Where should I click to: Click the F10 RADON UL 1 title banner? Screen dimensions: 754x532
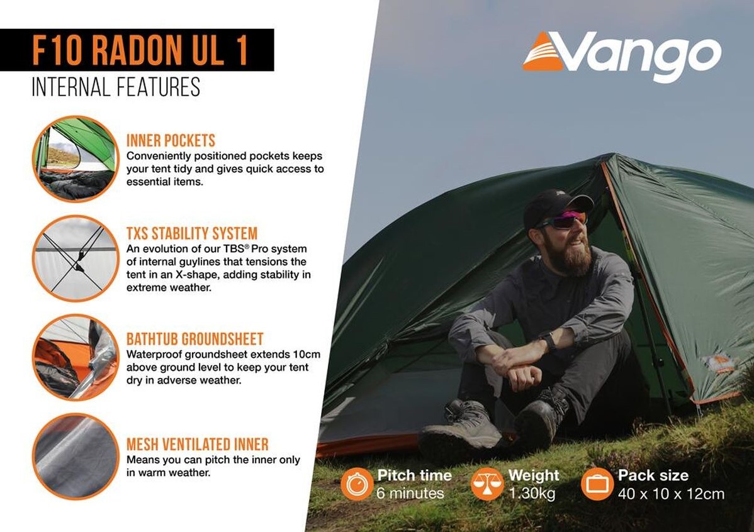pyautogui.click(x=137, y=50)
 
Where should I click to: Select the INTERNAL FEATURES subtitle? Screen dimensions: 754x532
pyautogui.click(x=116, y=87)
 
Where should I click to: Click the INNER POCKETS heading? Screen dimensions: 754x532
pyautogui.click(x=171, y=141)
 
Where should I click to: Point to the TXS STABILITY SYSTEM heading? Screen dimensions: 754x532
pyautogui.click(x=192, y=233)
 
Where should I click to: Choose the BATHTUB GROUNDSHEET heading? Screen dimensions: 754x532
pyautogui.click(x=194, y=339)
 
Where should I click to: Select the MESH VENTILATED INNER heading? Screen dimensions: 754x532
pyautogui.click(x=198, y=444)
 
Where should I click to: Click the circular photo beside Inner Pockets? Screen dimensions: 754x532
pyautogui.click(x=75, y=159)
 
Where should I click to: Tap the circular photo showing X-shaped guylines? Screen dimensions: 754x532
pyautogui.click(x=75, y=258)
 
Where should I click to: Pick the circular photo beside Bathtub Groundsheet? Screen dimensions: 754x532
pyautogui.click(x=75, y=358)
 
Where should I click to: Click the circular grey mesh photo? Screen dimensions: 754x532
pyautogui.click(x=75, y=457)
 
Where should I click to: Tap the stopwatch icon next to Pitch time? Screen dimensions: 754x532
pyautogui.click(x=357, y=484)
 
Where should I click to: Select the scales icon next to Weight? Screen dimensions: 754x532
pyautogui.click(x=488, y=484)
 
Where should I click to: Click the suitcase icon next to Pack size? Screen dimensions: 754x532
pyautogui.click(x=597, y=484)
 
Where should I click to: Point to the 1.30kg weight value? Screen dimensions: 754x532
pyautogui.click(x=532, y=494)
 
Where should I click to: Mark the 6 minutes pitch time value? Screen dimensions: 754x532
pyautogui.click(x=410, y=494)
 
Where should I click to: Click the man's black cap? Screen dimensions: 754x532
pyautogui.click(x=557, y=207)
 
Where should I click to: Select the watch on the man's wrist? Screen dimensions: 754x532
pyautogui.click(x=548, y=341)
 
